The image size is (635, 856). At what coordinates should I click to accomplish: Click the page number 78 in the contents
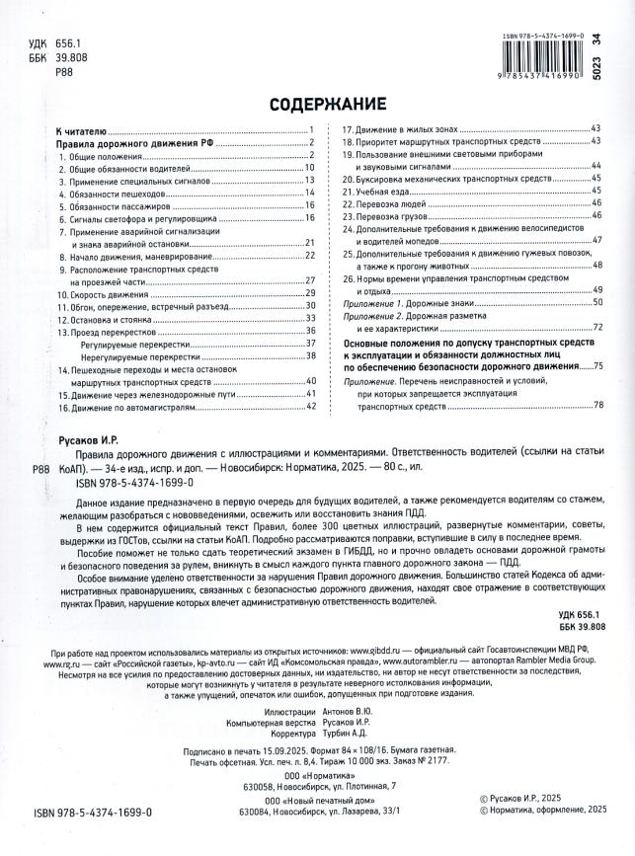[596, 406]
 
